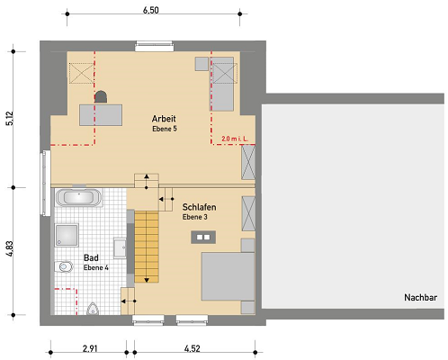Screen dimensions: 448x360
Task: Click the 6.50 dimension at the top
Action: tap(150, 10)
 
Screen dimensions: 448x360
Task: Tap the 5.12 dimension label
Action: tap(10, 118)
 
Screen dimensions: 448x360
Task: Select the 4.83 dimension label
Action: tap(10, 248)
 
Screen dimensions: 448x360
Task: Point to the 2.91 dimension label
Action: tap(90, 348)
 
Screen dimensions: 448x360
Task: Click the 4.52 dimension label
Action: tap(192, 348)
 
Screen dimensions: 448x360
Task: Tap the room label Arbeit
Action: tap(164, 119)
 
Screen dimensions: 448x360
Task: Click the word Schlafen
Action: tap(199, 207)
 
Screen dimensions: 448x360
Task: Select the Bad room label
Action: tap(91, 257)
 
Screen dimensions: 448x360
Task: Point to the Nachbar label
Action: tap(420, 297)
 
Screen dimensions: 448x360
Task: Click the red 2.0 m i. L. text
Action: tap(235, 139)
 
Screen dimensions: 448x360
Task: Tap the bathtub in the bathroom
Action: tap(78, 197)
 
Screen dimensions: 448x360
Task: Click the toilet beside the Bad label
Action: tap(64, 266)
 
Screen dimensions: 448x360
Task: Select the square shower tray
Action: tap(67, 235)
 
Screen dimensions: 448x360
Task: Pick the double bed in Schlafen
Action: tap(228, 276)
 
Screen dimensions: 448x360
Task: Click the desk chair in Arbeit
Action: tap(101, 97)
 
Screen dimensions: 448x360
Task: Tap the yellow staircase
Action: tap(147, 247)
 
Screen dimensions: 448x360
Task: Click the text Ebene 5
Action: tap(165, 129)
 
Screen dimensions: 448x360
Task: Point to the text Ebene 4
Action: tap(95, 267)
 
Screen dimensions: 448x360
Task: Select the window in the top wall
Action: tap(155, 46)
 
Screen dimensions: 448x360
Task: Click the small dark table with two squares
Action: tap(203, 237)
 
